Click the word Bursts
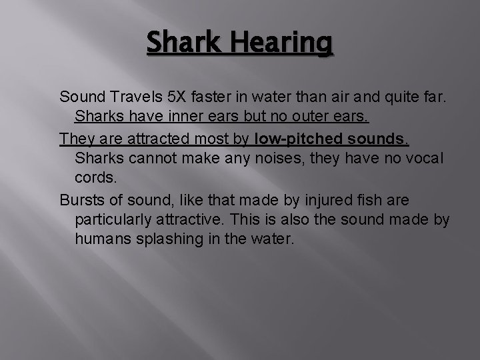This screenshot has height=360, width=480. (x=81, y=201)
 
